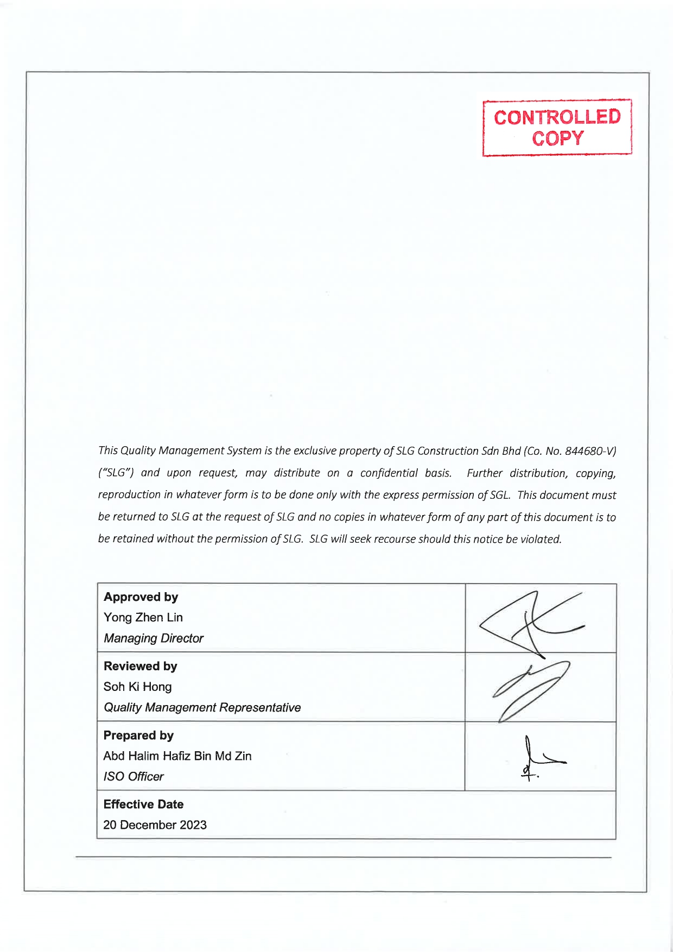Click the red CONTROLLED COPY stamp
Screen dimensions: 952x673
click(x=557, y=128)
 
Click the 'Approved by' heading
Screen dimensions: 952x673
click(x=141, y=597)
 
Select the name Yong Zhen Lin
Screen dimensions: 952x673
click(x=143, y=618)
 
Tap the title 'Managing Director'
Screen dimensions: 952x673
click(x=153, y=638)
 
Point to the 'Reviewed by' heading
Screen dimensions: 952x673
click(x=140, y=666)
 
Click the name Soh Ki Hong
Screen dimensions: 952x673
click(x=137, y=687)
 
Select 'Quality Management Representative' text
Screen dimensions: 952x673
click(x=202, y=708)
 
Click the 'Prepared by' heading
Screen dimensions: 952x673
click(x=138, y=735)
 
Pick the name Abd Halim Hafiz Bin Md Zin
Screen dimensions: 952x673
click(x=177, y=756)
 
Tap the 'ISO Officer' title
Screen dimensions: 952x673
click(x=134, y=777)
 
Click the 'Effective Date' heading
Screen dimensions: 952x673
click(x=143, y=804)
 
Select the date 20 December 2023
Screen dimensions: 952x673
click(x=155, y=825)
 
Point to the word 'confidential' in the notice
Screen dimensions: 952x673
click(x=389, y=473)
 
